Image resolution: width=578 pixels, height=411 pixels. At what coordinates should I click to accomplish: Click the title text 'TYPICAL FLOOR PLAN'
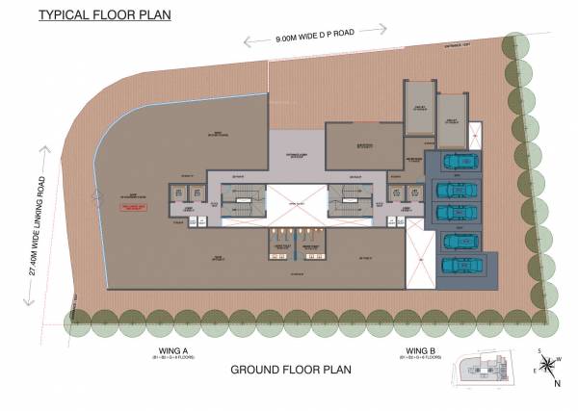click(x=91, y=14)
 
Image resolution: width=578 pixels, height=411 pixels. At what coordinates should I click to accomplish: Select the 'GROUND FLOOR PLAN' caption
click(x=288, y=370)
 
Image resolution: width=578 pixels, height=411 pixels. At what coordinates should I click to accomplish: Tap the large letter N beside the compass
click(x=559, y=383)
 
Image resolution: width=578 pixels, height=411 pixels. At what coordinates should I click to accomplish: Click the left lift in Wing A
click(x=175, y=194)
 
